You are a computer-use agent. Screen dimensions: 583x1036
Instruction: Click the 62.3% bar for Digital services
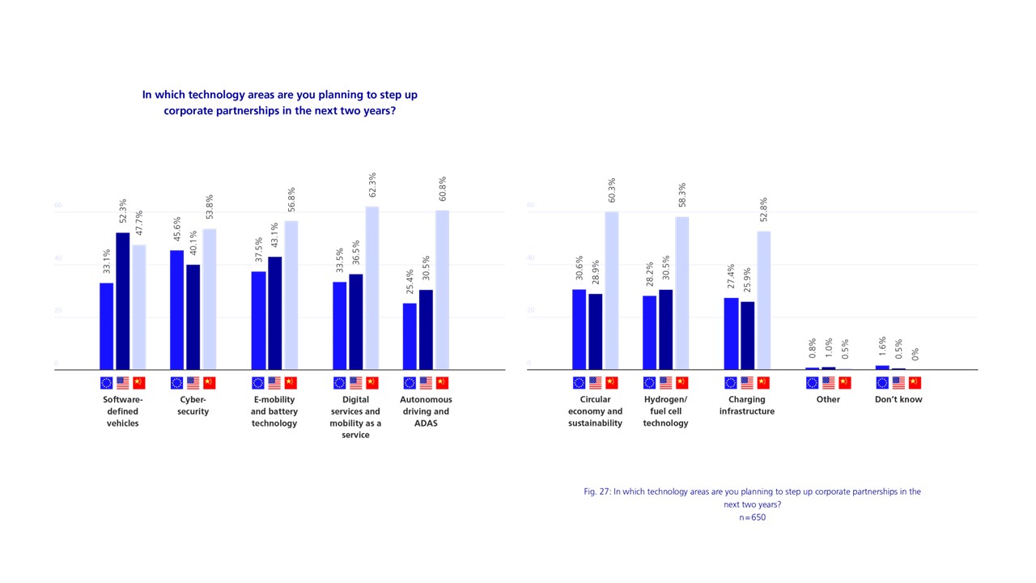(x=372, y=288)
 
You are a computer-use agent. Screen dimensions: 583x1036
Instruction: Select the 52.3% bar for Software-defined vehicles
(x=122, y=301)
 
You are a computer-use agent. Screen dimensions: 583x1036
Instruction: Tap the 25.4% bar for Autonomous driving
(x=410, y=336)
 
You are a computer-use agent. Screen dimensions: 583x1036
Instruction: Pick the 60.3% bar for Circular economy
(x=612, y=291)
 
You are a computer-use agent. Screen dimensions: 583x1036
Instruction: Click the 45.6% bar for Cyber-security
(x=176, y=310)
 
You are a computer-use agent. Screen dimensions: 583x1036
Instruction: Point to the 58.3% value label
(x=682, y=197)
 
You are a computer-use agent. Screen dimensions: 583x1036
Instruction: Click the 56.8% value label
(x=291, y=202)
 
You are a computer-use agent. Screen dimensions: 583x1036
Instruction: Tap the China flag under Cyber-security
(x=209, y=383)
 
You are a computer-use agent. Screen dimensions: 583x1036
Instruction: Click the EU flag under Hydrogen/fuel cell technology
(x=650, y=383)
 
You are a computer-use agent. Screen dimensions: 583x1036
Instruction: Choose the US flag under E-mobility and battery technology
(x=274, y=383)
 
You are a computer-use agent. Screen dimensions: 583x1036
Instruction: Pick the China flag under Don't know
(x=915, y=383)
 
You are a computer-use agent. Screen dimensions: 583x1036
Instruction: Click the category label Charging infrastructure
(x=747, y=405)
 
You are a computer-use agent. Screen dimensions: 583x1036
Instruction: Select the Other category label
(x=828, y=399)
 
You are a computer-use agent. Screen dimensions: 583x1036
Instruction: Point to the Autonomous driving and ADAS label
(x=426, y=411)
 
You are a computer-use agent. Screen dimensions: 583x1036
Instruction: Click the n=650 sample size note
(x=752, y=517)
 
